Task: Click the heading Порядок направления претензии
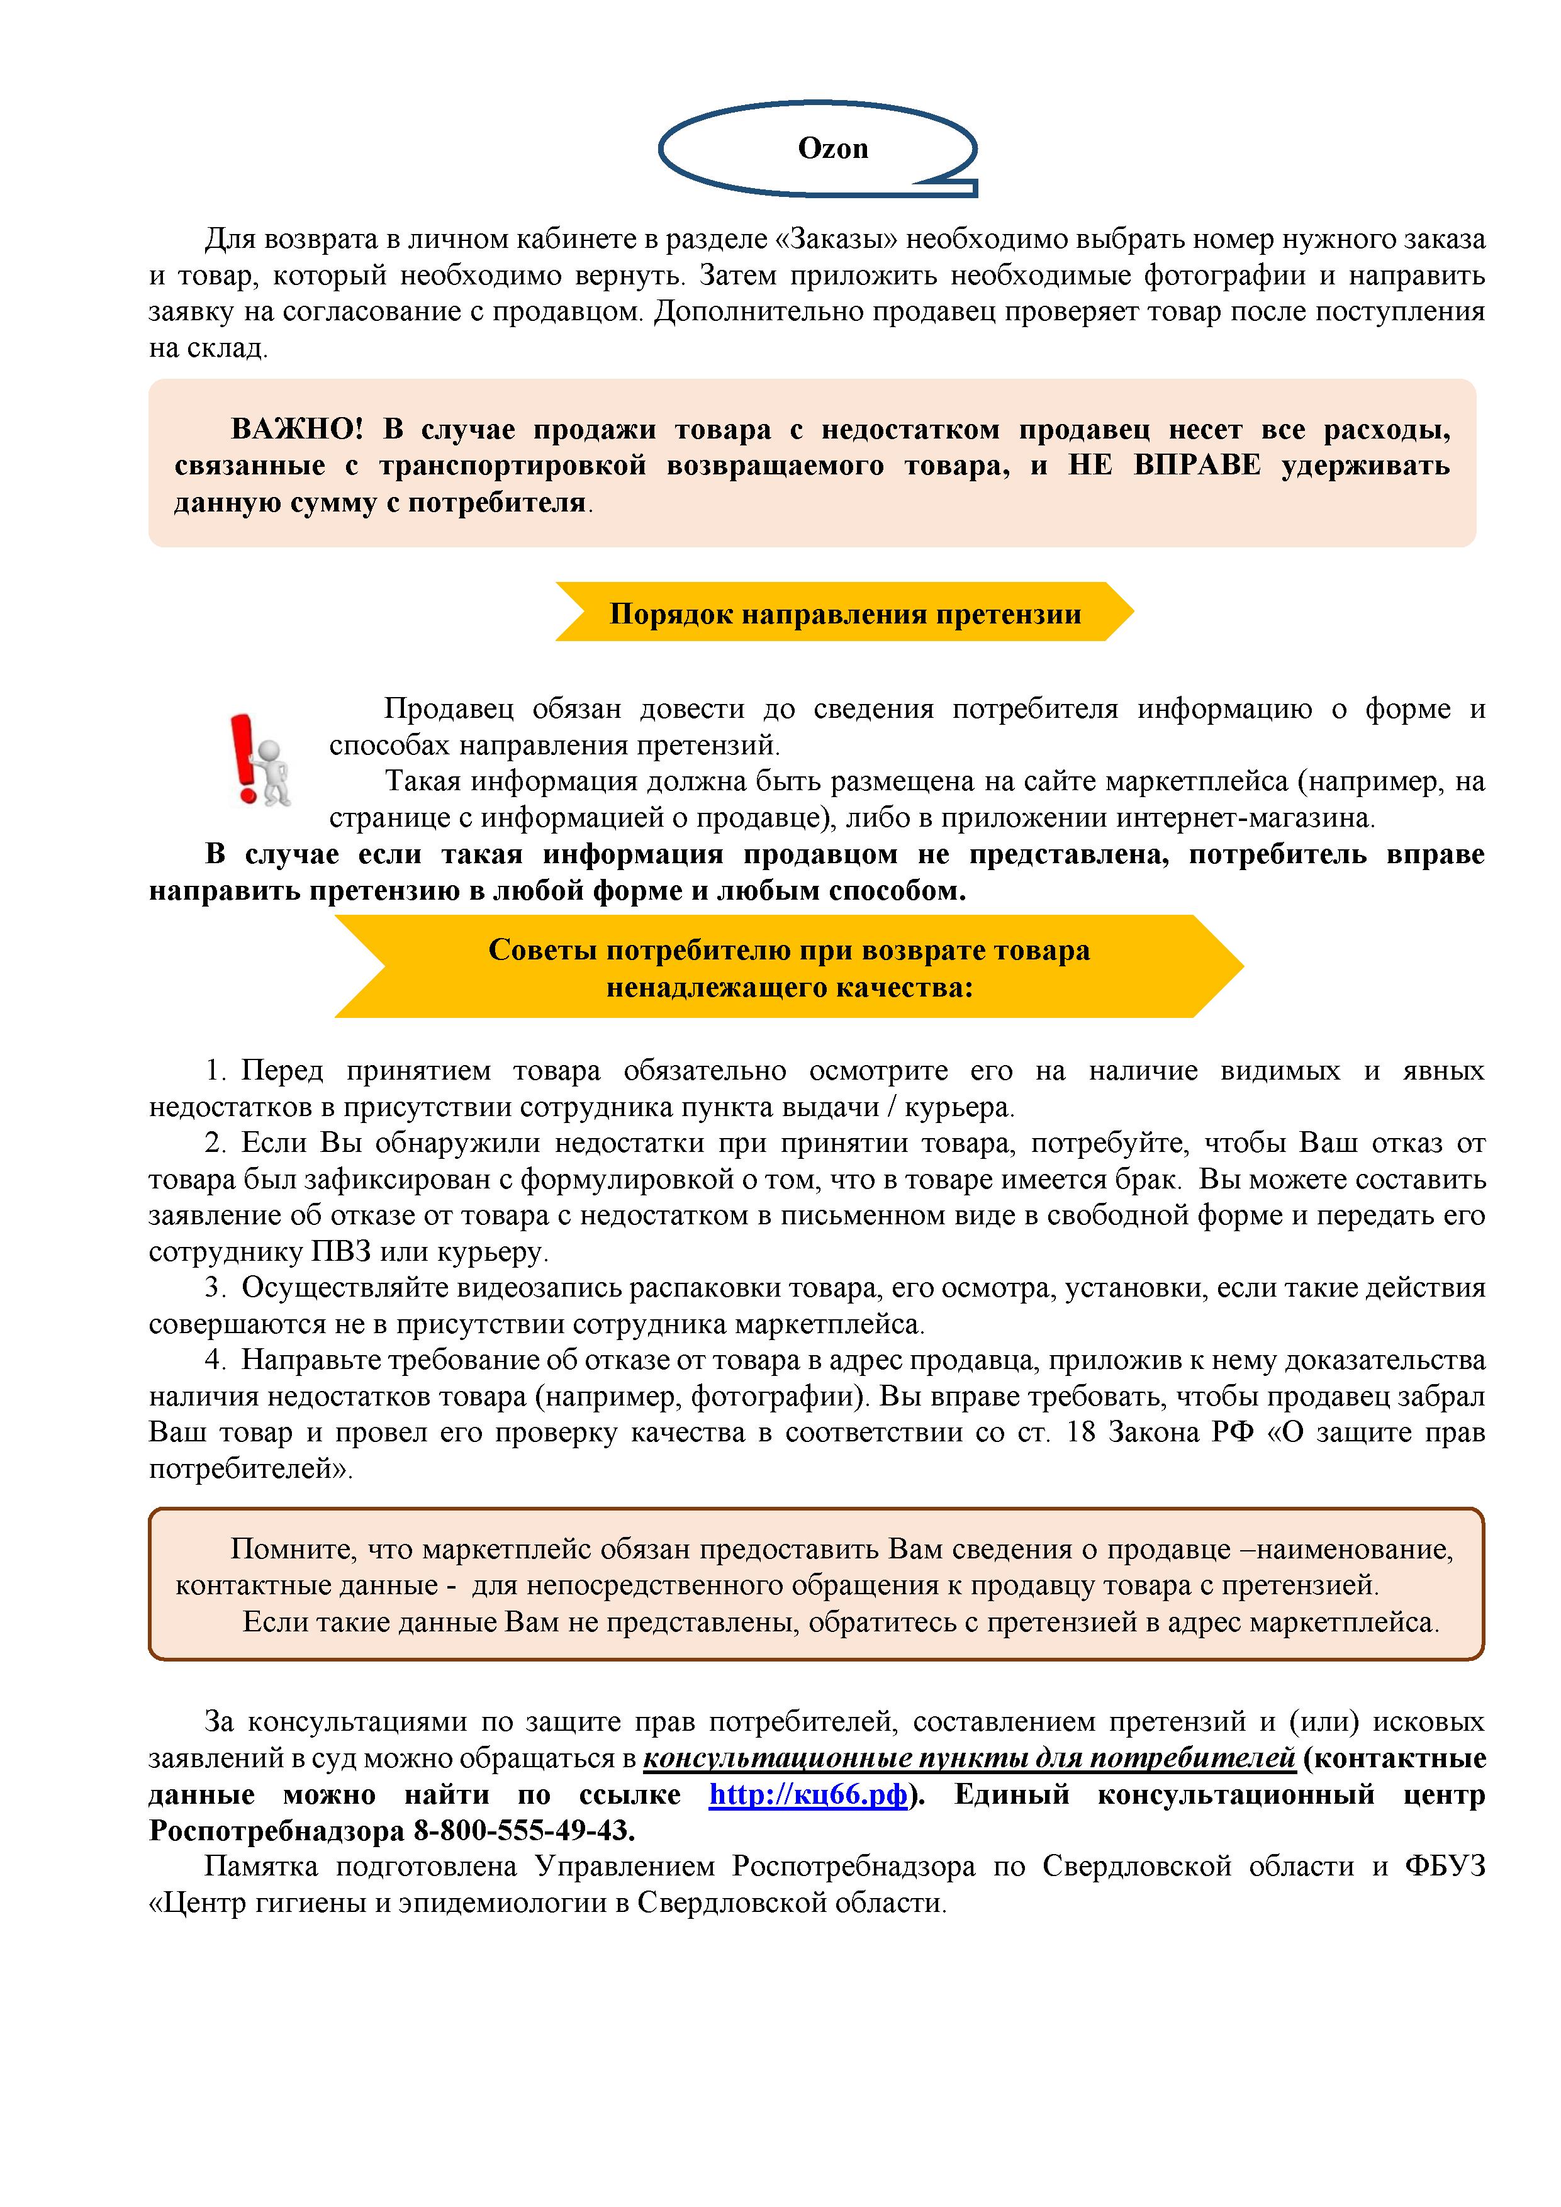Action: [845, 613]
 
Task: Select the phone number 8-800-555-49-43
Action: [524, 1830]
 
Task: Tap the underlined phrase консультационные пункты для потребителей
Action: [969, 1758]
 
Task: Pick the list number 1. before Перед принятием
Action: [216, 1070]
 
